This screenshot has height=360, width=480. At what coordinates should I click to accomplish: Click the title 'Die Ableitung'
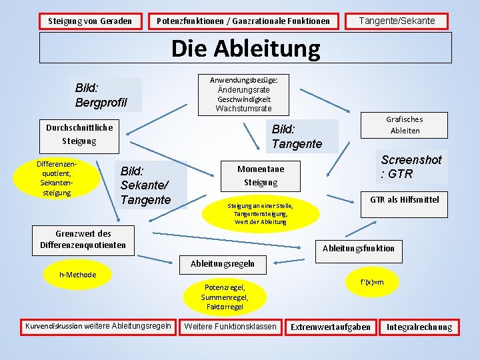tap(245, 48)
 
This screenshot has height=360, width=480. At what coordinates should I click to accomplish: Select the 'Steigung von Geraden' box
tap(95, 21)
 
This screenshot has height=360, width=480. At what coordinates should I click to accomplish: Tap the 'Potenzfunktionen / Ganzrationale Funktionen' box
tap(243, 21)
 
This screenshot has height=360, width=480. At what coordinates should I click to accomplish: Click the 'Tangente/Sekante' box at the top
tap(397, 21)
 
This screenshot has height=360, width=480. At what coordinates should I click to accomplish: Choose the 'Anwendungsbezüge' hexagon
tap(243, 94)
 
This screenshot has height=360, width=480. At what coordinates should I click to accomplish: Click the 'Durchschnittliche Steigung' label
tap(79, 134)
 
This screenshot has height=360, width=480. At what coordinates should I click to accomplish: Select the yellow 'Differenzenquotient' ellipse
tap(57, 178)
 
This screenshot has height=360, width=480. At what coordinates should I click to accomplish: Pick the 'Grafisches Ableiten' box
tap(405, 125)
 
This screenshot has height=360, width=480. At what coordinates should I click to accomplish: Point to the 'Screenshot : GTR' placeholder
tap(411, 167)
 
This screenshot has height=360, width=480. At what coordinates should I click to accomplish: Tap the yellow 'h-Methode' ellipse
tap(77, 275)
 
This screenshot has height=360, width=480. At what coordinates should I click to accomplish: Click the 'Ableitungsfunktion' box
tap(358, 248)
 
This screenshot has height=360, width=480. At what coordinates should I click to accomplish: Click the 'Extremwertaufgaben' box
tap(330, 327)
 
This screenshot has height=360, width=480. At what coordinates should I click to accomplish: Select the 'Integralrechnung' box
tap(419, 327)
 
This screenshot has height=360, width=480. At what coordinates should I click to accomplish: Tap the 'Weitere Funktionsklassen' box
tap(229, 327)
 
